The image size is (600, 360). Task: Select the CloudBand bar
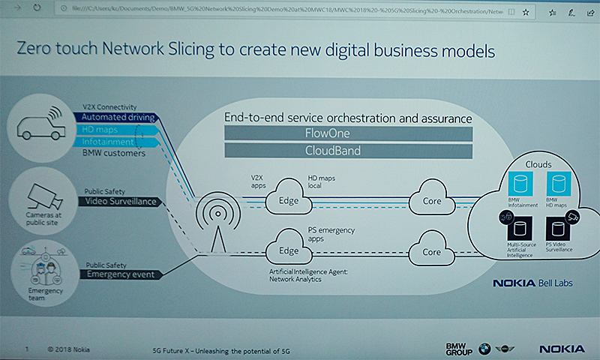tap(347, 151)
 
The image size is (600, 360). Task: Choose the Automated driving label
tap(118, 118)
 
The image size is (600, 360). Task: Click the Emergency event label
tap(119, 274)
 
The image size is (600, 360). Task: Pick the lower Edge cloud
tap(288, 250)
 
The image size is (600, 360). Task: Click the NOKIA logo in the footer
tap(560, 349)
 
